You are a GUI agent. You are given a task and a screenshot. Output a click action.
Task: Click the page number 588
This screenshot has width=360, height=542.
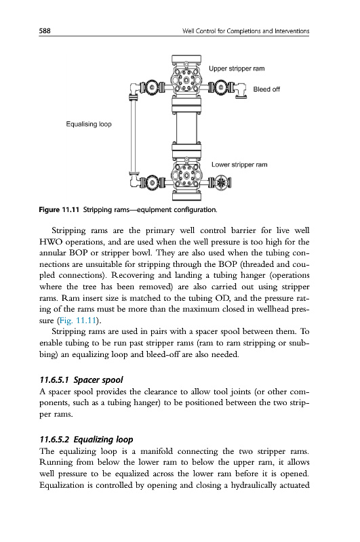click(45, 30)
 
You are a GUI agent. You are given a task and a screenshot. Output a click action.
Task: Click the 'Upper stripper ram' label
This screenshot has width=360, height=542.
click(237, 68)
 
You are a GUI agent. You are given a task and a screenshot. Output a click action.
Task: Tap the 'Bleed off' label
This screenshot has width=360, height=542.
click(266, 89)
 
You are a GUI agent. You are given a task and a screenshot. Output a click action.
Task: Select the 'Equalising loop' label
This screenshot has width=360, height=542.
click(89, 124)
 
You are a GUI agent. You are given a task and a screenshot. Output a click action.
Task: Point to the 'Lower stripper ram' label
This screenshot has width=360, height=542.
click(239, 165)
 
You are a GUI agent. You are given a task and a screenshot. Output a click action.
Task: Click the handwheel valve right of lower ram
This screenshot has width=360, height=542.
click(220, 182)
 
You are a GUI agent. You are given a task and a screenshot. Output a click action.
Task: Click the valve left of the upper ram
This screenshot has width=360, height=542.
click(151, 87)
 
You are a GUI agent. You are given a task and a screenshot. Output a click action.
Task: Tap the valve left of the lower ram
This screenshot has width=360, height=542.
click(151, 182)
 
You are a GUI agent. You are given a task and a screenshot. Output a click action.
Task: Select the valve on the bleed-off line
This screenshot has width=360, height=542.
click(221, 87)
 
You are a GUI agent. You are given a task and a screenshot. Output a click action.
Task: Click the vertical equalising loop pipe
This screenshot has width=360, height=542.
click(132, 135)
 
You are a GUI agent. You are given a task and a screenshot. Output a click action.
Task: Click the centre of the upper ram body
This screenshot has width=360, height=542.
click(186, 80)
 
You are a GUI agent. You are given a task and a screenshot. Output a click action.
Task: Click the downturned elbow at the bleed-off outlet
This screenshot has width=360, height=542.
click(241, 91)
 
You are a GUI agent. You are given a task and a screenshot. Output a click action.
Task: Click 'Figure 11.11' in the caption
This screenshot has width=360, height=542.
click(59, 210)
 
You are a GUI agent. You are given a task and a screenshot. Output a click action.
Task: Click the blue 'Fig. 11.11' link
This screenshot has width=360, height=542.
click(77, 320)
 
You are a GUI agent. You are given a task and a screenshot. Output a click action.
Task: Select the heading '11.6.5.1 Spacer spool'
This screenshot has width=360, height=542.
click(81, 380)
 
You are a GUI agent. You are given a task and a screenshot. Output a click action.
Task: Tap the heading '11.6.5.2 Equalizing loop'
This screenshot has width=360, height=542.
click(86, 440)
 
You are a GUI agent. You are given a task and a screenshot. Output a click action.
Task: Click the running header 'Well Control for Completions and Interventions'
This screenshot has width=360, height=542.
click(246, 31)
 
